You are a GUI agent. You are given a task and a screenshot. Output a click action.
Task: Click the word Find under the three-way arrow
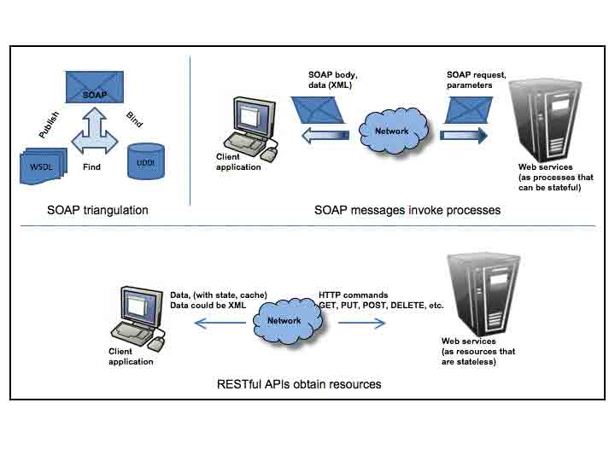click(x=91, y=167)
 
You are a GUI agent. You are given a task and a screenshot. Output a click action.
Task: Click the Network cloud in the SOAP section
click(x=392, y=131)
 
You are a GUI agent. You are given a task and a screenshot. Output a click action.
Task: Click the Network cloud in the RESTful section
click(x=284, y=321)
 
